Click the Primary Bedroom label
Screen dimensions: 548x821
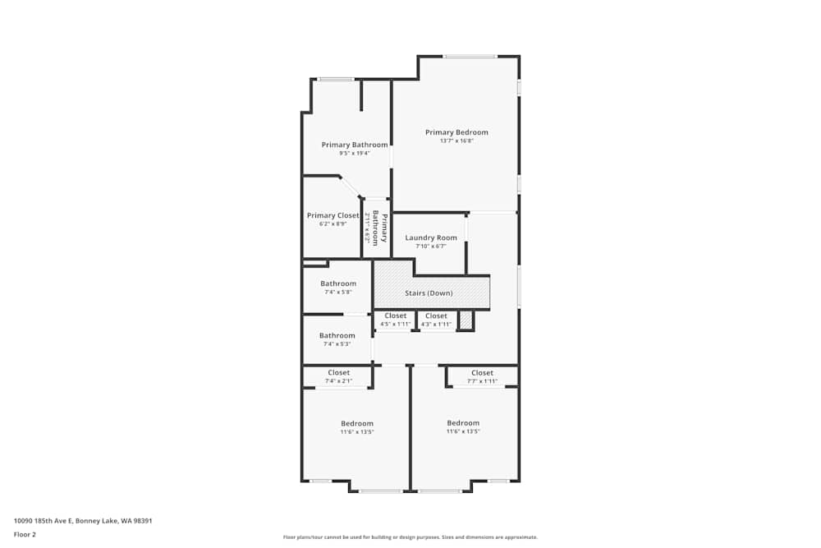pos(456,132)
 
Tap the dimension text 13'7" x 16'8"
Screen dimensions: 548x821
pos(456,140)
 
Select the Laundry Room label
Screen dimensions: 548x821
pos(431,237)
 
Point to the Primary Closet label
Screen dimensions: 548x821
pos(333,215)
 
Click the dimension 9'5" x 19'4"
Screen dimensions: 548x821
pos(355,153)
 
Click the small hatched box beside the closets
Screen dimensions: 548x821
pos(466,320)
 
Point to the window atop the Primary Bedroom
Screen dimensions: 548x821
pos(470,56)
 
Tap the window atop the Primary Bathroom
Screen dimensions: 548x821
pos(336,79)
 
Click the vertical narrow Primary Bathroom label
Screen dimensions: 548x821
pos(379,228)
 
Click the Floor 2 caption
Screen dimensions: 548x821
pos(25,534)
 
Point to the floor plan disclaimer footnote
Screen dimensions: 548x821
pos(410,536)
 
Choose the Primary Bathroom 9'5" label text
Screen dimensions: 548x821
pos(355,145)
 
